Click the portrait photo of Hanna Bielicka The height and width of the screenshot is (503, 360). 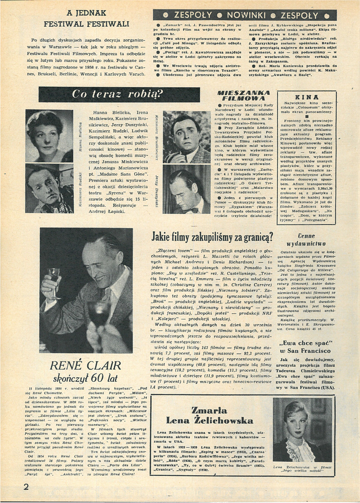click(49, 136)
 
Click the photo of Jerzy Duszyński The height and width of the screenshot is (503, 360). click(187, 192)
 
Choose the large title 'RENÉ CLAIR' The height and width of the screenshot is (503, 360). click(85, 366)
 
